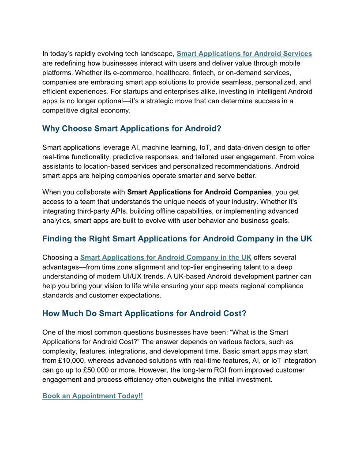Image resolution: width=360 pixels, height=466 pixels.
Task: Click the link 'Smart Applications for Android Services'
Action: coord(244,54)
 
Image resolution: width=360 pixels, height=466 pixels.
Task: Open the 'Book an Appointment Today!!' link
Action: coord(93,396)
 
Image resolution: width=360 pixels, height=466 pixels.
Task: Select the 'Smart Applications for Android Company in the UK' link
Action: coord(165,257)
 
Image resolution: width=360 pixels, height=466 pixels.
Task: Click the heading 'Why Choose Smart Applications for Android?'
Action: coord(131,129)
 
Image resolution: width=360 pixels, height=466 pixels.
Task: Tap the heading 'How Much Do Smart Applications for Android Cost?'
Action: coord(144,313)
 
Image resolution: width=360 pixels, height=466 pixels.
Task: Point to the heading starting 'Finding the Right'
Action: coord(177,239)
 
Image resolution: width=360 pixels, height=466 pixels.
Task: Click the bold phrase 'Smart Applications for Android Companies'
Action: coord(199,192)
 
